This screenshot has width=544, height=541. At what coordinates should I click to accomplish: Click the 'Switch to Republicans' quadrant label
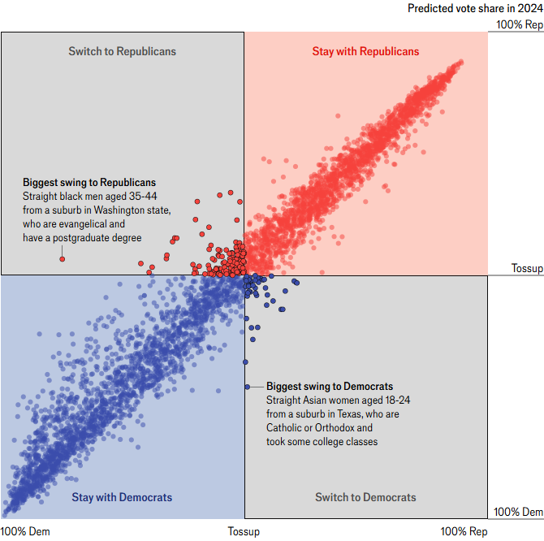pyautogui.click(x=122, y=52)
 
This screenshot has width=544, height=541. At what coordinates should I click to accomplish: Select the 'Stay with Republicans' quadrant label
pyautogui.click(x=365, y=52)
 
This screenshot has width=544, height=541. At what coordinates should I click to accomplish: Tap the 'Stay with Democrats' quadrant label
pyautogui.click(x=122, y=497)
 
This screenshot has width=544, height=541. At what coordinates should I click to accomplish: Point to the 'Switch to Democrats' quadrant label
pyautogui.click(x=365, y=497)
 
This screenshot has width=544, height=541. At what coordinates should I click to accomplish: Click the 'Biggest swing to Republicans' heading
pyautogui.click(x=89, y=183)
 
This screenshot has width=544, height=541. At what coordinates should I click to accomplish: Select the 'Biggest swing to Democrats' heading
pyautogui.click(x=330, y=387)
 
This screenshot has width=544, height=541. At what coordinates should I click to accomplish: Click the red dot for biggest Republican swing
pyautogui.click(x=62, y=259)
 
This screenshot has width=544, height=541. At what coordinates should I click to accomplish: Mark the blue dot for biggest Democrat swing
pyautogui.click(x=248, y=387)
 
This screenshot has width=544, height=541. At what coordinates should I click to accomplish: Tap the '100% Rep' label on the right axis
pyautogui.click(x=520, y=24)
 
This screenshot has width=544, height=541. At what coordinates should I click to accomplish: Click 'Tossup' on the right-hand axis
pyautogui.click(x=527, y=269)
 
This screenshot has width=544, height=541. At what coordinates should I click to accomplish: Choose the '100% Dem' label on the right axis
pyautogui.click(x=519, y=512)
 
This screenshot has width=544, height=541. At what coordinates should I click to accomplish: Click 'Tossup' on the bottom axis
pyautogui.click(x=244, y=531)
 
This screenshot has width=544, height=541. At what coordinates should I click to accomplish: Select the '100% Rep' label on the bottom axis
pyautogui.click(x=465, y=531)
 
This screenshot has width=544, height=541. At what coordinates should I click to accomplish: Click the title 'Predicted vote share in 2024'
pyautogui.click(x=475, y=8)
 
